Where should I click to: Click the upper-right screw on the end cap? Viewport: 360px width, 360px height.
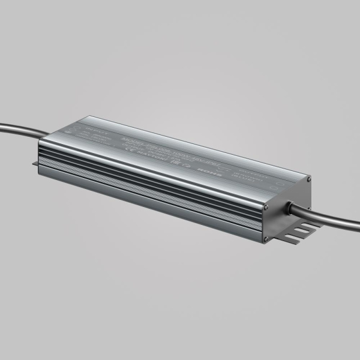coord(308,179)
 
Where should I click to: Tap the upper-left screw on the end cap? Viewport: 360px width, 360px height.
coord(264,206)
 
